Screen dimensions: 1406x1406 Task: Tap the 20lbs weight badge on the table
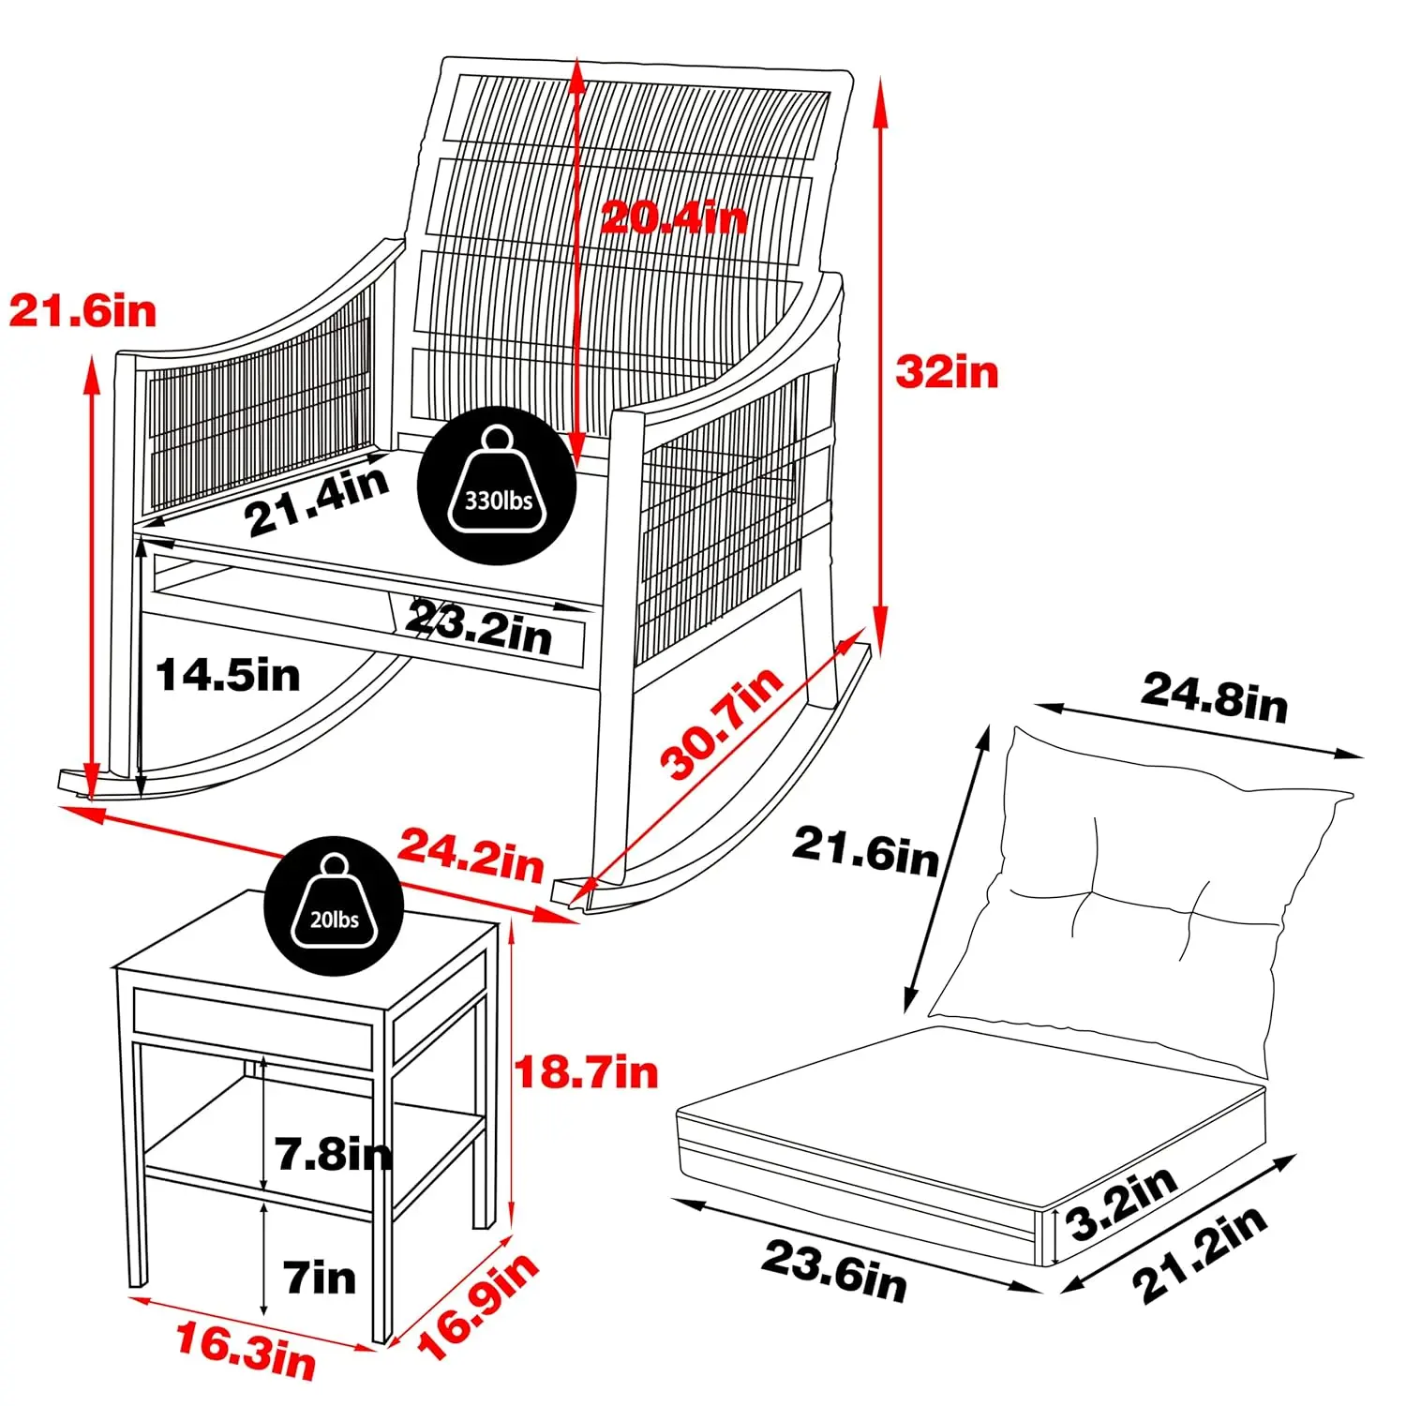point(334,906)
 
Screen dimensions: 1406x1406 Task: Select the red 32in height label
point(947,372)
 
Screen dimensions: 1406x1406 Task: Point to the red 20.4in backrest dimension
point(674,217)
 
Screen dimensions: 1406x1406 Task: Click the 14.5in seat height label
point(228,675)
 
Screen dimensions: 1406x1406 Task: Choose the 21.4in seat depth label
point(317,501)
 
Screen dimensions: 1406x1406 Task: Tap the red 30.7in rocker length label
point(721,723)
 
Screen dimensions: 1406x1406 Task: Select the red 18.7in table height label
point(587,1071)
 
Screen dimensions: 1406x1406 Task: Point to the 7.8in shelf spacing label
point(334,1153)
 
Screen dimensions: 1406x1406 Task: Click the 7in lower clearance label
point(320,1278)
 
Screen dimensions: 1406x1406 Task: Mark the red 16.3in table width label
point(247,1352)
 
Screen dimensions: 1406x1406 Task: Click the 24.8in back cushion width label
point(1215,697)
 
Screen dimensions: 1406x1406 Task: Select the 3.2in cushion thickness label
point(1122,1204)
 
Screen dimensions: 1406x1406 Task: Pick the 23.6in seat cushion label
point(834,1271)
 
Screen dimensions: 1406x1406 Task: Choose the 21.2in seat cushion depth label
point(1201,1254)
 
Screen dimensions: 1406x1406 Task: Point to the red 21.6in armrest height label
point(82,310)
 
